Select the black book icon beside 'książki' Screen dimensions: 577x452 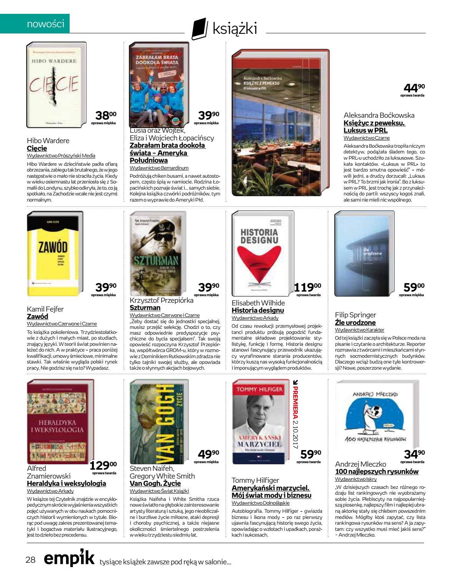tap(198, 29)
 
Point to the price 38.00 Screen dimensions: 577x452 tap(105, 115)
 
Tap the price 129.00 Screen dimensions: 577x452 tap(103, 465)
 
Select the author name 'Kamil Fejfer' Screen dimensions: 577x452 tap(45, 309)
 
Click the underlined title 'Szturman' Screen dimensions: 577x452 tap(145, 308)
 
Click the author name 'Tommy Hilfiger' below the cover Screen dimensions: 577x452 tap(255, 480)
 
